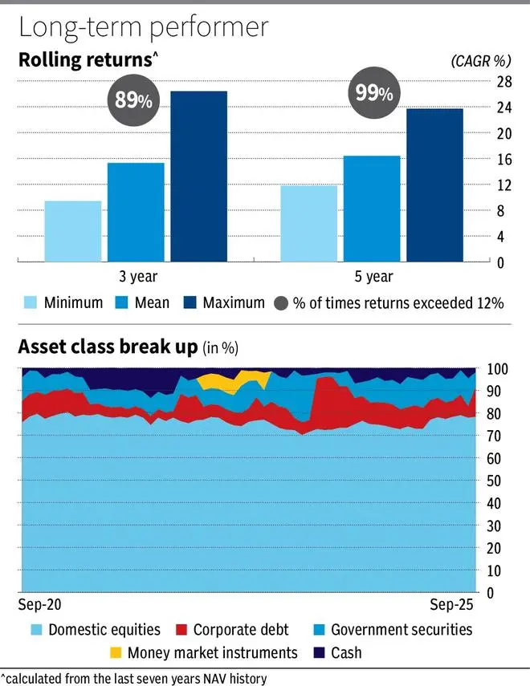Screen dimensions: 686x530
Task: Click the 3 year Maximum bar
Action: click(x=198, y=177)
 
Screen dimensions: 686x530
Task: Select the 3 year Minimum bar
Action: click(x=73, y=231)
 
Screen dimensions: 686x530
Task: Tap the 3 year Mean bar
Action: click(x=136, y=212)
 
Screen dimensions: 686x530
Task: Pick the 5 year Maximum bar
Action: click(x=434, y=185)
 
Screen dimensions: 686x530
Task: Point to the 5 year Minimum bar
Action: click(x=309, y=223)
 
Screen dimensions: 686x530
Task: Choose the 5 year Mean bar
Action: click(x=372, y=209)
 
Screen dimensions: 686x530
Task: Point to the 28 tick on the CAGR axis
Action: click(x=504, y=81)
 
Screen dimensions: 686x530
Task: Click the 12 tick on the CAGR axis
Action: click(x=504, y=185)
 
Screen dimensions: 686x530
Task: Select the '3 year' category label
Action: click(x=137, y=278)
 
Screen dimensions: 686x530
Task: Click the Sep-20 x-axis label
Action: click(x=39, y=603)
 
